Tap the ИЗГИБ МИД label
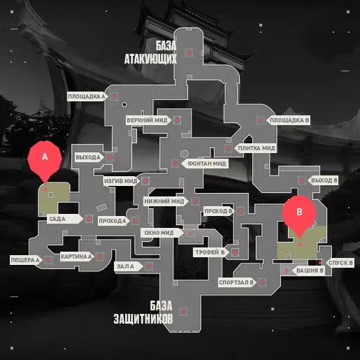tap(122, 181)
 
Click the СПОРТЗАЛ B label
tap(237, 282)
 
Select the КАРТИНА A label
tap(77, 257)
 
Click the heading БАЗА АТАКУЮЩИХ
tap(150, 52)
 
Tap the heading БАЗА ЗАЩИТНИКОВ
tap(143, 312)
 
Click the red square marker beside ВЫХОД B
tap(302, 180)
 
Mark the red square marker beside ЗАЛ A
tap(149, 266)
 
